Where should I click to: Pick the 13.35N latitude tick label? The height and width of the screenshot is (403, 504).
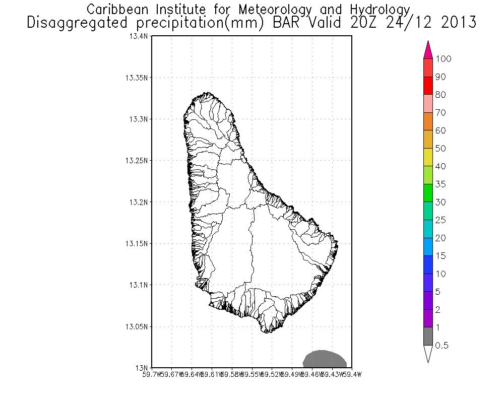pyautogui.click(x=138, y=78)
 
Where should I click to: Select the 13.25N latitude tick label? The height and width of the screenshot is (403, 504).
pyautogui.click(x=138, y=161)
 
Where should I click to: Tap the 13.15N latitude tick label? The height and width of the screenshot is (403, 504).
pyautogui.click(x=138, y=243)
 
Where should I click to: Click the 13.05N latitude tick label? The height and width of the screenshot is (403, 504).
pyautogui.click(x=138, y=326)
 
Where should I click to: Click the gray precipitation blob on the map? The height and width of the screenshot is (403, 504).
pyautogui.click(x=324, y=359)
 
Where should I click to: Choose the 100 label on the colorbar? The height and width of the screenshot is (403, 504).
pyautogui.click(x=444, y=59)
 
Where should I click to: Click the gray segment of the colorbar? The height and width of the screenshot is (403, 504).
pyautogui.click(x=428, y=337)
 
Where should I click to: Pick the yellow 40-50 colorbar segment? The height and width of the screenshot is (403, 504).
pyautogui.click(x=428, y=157)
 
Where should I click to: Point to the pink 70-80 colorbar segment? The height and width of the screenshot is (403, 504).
pyautogui.click(x=428, y=103)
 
